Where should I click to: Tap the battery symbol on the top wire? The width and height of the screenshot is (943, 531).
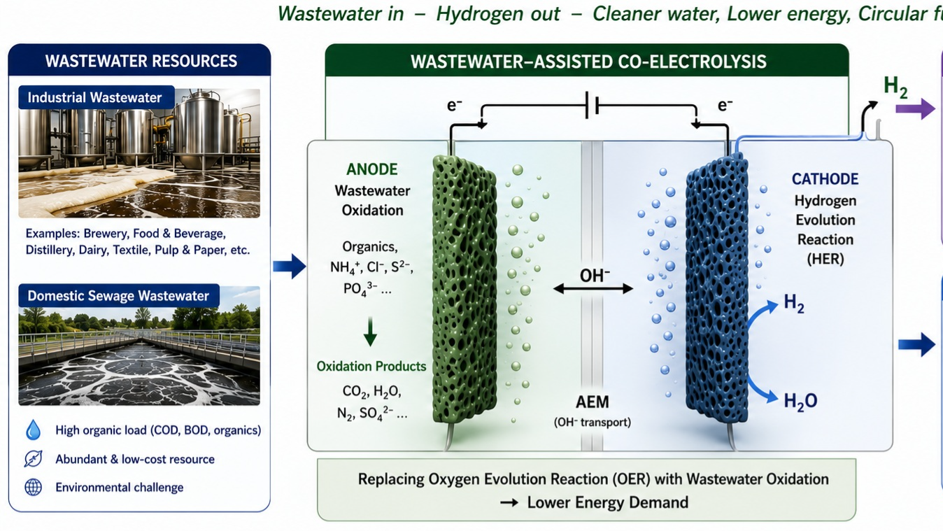click(x=592, y=105)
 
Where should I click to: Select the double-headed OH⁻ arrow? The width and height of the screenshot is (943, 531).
click(x=593, y=288)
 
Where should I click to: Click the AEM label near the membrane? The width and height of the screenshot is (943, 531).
click(x=593, y=402)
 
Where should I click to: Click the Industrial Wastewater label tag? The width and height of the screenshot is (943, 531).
click(x=97, y=97)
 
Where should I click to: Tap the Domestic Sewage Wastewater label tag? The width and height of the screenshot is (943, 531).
click(x=119, y=296)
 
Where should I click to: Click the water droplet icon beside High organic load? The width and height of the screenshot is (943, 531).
click(x=34, y=430)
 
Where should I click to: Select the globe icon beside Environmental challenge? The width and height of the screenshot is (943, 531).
click(x=34, y=487)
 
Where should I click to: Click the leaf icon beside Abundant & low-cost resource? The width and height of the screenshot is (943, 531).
click(x=34, y=458)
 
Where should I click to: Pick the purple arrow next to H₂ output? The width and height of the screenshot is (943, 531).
click(x=915, y=109)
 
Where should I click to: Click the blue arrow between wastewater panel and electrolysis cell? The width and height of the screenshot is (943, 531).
click(x=289, y=266)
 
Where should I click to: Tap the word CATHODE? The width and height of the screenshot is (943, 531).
click(x=825, y=179)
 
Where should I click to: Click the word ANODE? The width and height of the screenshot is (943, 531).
click(x=371, y=169)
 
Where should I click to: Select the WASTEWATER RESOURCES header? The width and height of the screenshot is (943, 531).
click(x=141, y=61)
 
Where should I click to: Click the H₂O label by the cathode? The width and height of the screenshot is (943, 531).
click(x=800, y=401)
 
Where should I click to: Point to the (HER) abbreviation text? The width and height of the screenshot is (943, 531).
click(x=825, y=259)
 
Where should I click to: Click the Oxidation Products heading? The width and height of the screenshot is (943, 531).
click(x=371, y=367)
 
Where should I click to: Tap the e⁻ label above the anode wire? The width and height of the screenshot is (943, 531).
click(x=454, y=105)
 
